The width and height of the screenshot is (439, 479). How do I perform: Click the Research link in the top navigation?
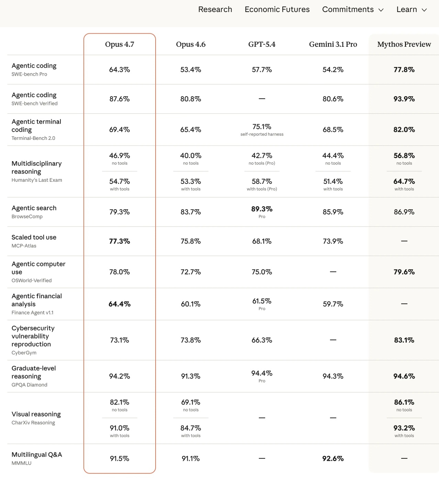(215, 9)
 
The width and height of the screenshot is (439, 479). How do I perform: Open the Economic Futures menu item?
(277, 9)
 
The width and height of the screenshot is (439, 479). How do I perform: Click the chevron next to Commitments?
(381, 10)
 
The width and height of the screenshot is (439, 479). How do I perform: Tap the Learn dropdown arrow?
(424, 10)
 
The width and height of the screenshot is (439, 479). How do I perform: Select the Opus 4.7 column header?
(120, 44)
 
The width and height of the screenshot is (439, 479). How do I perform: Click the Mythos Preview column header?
(404, 44)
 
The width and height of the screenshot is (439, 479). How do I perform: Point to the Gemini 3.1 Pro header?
(333, 44)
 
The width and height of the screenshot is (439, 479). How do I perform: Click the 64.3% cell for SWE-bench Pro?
(120, 70)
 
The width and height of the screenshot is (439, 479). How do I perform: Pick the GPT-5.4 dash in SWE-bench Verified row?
(262, 99)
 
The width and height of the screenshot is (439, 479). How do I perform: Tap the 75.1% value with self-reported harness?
(262, 127)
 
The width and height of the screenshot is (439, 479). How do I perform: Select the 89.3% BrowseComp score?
(262, 209)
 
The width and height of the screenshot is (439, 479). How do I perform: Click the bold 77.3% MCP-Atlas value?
(120, 241)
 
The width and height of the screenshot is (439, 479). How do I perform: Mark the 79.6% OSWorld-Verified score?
(404, 272)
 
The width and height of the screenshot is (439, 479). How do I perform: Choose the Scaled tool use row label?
(34, 237)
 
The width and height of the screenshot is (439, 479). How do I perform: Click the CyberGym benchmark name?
(24, 353)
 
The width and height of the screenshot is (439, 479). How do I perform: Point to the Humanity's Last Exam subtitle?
(37, 180)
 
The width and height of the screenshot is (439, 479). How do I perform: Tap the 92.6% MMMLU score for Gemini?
(333, 458)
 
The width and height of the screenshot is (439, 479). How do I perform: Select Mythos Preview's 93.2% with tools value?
(404, 428)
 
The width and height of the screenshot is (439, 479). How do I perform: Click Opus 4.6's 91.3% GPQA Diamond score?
(191, 376)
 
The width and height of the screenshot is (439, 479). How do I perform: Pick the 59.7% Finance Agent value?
(333, 304)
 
